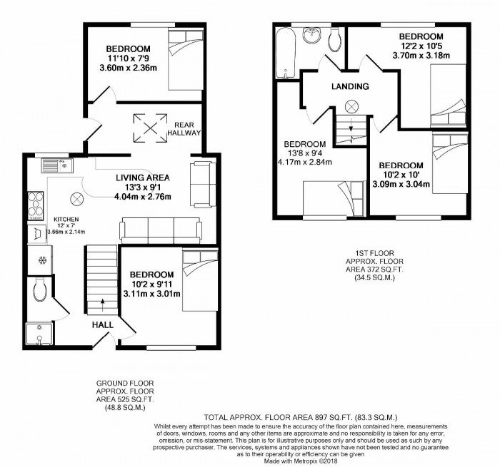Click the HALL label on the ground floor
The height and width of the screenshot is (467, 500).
tap(102, 324)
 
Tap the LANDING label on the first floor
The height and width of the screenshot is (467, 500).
tap(350, 87)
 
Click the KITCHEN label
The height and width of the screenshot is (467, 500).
tap(64, 220)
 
